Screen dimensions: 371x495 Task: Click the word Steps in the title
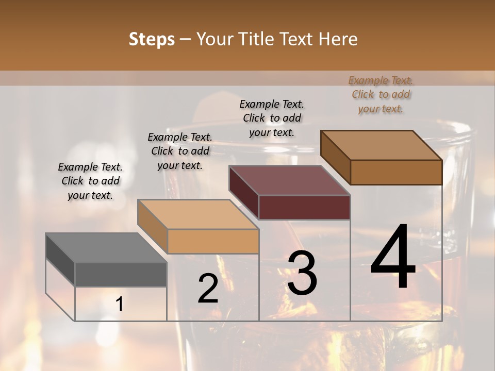coord(152,40)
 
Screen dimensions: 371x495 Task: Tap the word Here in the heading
coord(338,40)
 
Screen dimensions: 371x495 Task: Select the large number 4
coord(393,258)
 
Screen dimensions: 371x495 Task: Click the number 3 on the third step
coord(302,273)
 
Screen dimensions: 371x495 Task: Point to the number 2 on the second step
coord(208,289)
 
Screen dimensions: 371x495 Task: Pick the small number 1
coord(119,305)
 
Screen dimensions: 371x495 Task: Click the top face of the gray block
coord(106,248)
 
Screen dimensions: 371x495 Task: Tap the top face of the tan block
coord(197,214)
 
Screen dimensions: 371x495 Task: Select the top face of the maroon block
coord(289,180)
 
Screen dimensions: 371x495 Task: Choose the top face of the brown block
coord(381,145)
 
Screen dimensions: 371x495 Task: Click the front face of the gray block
coord(121,275)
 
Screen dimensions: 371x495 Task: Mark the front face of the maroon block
coord(304,207)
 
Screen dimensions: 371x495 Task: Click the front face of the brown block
coord(396,172)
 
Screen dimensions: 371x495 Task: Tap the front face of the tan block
coord(212,241)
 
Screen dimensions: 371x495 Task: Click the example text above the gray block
coord(90,181)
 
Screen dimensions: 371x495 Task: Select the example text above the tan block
coord(180,151)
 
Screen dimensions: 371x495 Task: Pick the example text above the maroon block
coord(272,118)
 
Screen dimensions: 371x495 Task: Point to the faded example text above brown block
coord(381,94)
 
